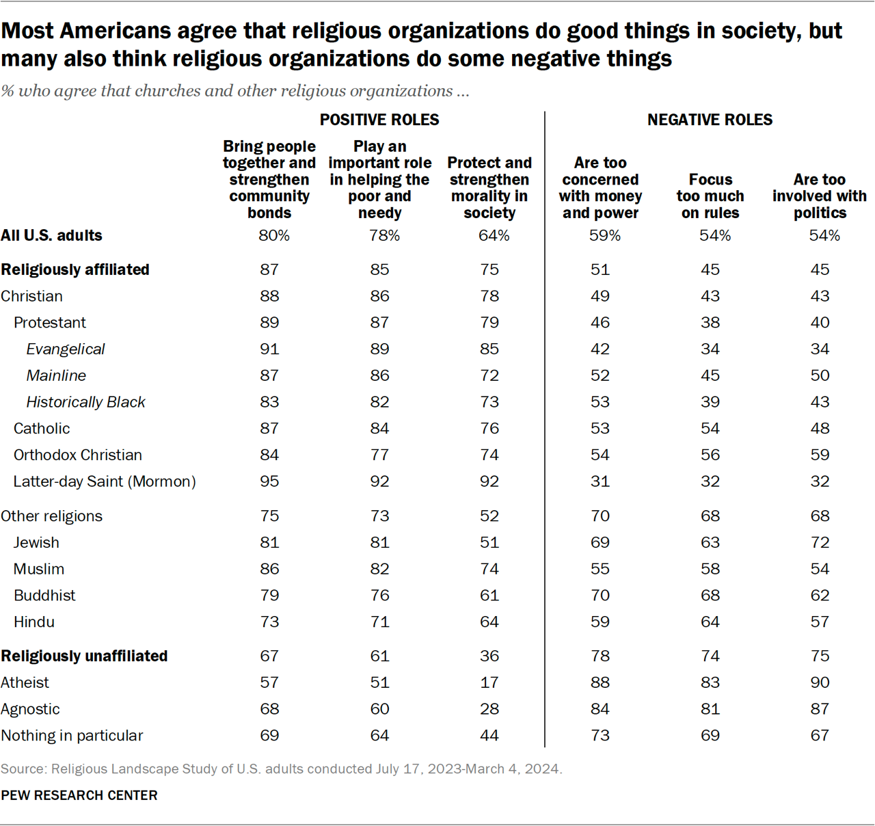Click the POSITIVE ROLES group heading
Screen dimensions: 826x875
click(379, 120)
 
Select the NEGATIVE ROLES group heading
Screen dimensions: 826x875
click(710, 120)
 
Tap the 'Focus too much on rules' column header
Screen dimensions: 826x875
click(710, 196)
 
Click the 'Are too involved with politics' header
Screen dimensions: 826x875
click(820, 196)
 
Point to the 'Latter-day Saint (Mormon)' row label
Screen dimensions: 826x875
click(105, 481)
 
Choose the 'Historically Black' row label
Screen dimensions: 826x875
click(85, 402)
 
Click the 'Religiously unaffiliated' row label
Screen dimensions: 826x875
click(84, 656)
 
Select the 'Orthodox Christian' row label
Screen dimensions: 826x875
click(78, 455)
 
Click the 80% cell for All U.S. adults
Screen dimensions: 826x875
click(273, 235)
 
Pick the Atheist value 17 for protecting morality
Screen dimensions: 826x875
click(489, 682)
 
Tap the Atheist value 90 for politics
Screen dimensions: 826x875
click(820, 682)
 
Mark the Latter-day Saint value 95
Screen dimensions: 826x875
click(269, 481)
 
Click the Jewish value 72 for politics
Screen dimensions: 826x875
click(820, 542)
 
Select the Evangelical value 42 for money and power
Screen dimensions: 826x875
click(600, 349)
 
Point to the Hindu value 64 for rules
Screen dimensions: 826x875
click(710, 622)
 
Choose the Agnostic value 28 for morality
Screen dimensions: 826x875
click(489, 709)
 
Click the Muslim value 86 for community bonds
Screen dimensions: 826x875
click(269, 569)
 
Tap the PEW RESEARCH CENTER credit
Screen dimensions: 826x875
click(79, 795)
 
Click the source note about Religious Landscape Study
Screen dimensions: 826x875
click(282, 769)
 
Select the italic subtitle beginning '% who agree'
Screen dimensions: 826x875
click(235, 91)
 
